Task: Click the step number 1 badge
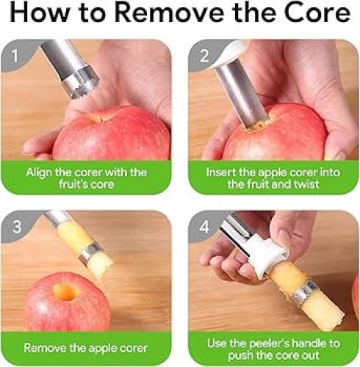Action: coord(15,56)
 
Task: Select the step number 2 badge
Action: coord(204,56)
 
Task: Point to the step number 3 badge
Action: coord(17,227)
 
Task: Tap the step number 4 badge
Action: coord(204,227)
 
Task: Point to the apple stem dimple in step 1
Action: coord(101,119)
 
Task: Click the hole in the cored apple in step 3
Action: coord(65,292)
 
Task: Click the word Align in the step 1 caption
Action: coord(39,172)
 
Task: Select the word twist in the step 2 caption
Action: coord(307,184)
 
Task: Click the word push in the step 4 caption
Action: coord(240,356)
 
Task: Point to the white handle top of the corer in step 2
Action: coord(231,53)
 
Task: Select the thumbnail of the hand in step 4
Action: coord(284,240)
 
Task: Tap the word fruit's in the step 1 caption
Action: coord(73,184)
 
